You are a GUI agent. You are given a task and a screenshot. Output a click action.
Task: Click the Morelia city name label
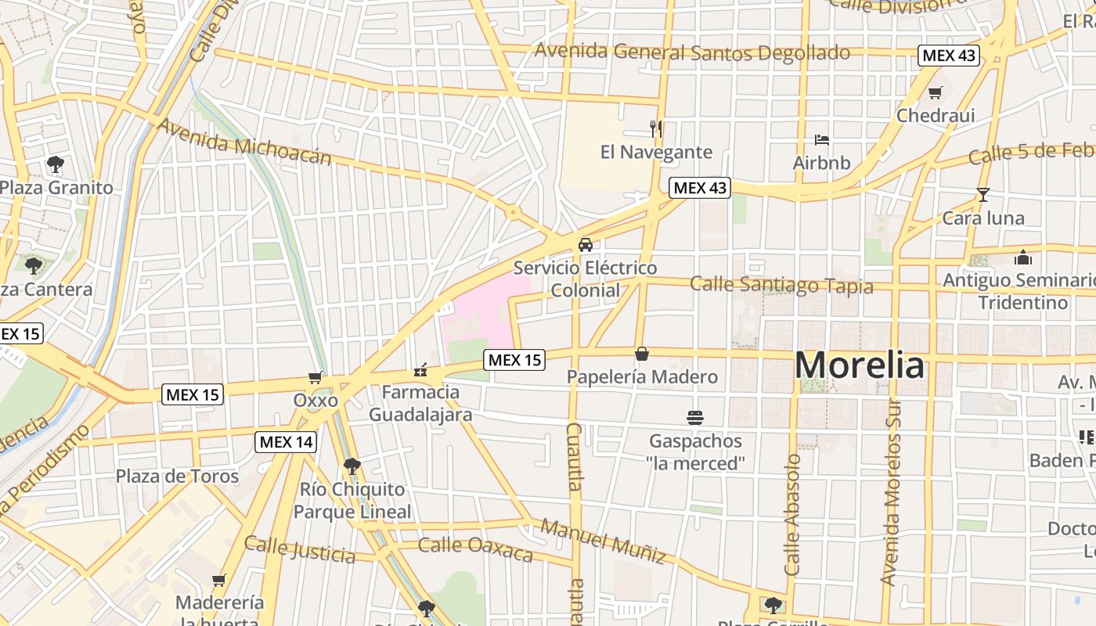coord(860,365)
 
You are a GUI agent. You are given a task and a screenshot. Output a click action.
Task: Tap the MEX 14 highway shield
coord(287,442)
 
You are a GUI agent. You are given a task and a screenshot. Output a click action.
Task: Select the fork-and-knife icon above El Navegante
coord(656,128)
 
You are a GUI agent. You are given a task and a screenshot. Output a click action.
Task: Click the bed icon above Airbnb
coord(822,140)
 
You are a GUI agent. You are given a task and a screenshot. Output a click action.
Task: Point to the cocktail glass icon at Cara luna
coord(983,195)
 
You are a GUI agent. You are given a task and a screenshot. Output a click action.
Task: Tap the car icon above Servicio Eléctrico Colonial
coord(585,245)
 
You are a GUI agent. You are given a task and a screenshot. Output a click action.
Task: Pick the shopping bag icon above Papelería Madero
coord(642,354)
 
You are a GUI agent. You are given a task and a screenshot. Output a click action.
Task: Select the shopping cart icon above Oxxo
coord(315,378)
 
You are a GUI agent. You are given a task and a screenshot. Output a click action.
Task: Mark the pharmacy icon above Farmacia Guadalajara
coord(420,369)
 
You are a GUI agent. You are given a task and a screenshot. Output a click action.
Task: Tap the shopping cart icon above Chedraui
coord(935,93)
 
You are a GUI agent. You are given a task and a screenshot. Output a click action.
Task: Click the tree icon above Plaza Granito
coord(55,164)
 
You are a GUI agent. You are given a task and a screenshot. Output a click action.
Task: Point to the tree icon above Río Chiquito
coord(352,466)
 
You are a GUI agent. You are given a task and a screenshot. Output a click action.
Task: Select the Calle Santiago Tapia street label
coord(781,285)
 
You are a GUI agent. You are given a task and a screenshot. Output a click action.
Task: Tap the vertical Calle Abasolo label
coord(792,514)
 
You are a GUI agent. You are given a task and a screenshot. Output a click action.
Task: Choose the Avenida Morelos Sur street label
coord(891,493)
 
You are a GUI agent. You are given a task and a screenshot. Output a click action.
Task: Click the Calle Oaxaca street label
coord(475,549)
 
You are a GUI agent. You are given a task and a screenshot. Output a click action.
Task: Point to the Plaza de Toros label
coord(177,476)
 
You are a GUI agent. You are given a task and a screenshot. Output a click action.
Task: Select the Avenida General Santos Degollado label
coord(692,52)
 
